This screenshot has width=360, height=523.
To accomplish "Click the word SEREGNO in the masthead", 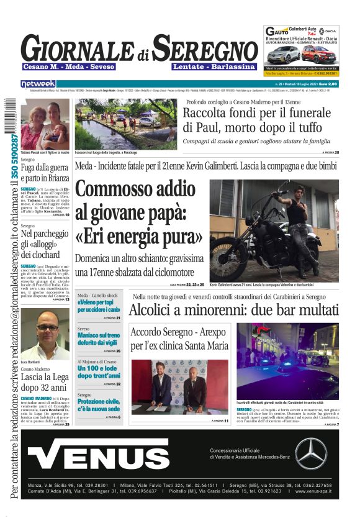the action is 205,48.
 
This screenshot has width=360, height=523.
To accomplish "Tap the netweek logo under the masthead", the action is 38,83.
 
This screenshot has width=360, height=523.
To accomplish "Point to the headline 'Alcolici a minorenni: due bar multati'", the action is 234,311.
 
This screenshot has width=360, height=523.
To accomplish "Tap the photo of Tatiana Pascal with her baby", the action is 45,123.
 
